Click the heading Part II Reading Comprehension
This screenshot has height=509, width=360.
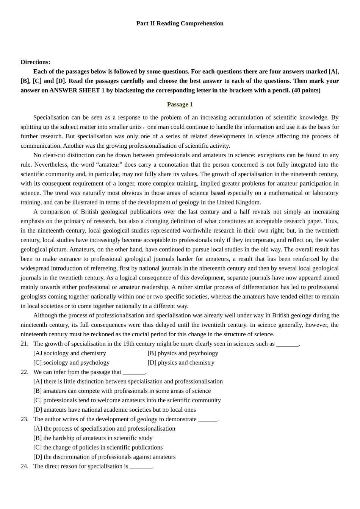point(180,23)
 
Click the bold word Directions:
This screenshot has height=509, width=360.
point(35,62)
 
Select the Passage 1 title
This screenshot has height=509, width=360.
point(180,105)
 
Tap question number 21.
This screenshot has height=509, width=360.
point(25,344)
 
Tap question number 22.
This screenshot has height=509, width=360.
point(25,372)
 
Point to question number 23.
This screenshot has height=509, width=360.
point(25,419)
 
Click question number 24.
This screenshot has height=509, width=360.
point(25,467)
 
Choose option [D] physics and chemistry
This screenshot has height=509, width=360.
point(181,363)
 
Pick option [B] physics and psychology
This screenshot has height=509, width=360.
point(183,353)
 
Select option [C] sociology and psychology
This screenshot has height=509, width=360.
point(71,363)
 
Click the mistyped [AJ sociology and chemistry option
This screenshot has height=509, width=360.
point(70,353)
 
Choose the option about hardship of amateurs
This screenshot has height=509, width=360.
point(93,438)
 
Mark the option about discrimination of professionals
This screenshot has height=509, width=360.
point(104,457)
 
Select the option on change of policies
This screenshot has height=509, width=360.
point(98,448)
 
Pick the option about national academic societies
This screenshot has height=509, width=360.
point(114,410)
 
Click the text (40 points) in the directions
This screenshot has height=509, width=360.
point(306,91)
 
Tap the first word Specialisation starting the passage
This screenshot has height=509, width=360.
point(51,118)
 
